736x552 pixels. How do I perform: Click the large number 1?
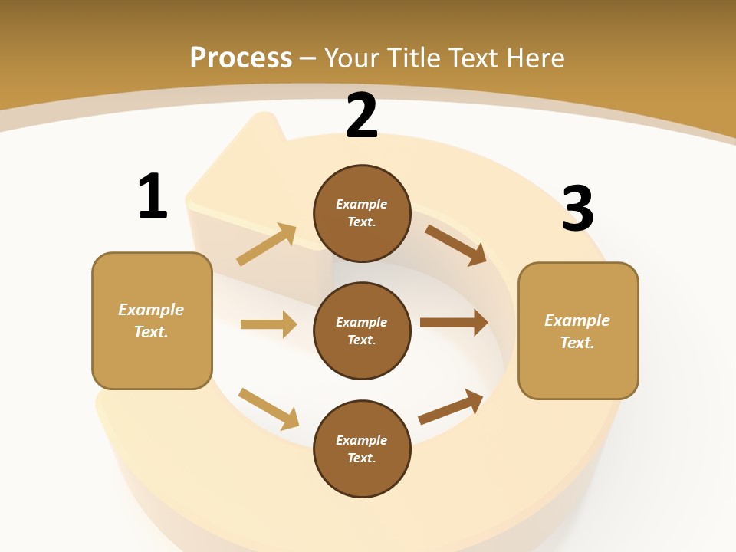click(152, 197)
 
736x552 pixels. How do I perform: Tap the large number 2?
click(362, 117)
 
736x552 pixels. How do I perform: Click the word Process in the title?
click(241, 58)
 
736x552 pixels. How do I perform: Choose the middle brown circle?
click(362, 330)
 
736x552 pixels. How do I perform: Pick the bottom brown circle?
click(362, 449)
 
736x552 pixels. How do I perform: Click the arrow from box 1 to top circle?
click(267, 245)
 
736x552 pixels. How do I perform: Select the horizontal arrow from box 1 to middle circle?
click(268, 324)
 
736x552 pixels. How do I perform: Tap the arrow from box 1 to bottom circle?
click(268, 409)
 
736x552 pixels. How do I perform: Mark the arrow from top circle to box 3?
click(456, 245)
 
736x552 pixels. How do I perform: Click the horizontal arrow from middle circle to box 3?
click(454, 323)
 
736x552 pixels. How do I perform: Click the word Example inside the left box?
click(151, 310)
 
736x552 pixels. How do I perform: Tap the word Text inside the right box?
click(577, 343)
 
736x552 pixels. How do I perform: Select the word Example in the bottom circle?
click(361, 440)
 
